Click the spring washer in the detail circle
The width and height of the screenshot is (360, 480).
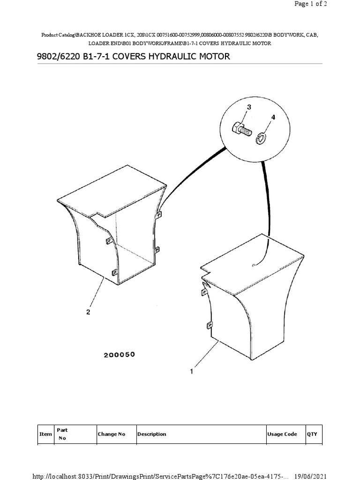[261, 138]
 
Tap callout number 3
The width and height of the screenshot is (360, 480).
[249, 107]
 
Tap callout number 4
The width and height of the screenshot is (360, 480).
[273, 117]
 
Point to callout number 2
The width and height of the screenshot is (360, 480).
[88, 312]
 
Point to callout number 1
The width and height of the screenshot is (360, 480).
[192, 372]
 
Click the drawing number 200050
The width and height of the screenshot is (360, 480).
[120, 355]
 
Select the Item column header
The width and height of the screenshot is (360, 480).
[45, 434]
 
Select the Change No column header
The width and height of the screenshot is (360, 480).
[112, 434]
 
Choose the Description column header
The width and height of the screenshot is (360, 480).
[152, 434]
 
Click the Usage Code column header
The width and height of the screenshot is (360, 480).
[282, 434]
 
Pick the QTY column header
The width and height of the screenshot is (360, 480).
[312, 434]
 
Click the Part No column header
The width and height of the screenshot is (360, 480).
[62, 434]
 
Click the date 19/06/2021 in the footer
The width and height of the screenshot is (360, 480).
[310, 476]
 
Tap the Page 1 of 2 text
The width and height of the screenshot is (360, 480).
[311, 4]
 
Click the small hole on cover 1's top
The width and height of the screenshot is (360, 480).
[253, 265]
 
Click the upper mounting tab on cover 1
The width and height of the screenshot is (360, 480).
[204, 292]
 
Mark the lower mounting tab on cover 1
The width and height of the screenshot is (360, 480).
[210, 325]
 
